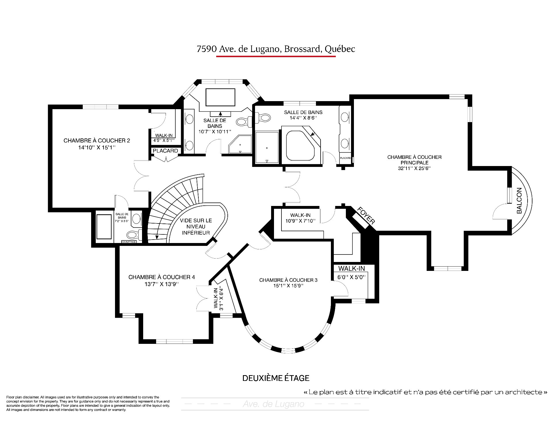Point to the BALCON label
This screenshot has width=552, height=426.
(x=519, y=201)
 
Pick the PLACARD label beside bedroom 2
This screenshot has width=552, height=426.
(x=165, y=151)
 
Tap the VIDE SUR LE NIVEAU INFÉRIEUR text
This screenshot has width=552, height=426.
(x=196, y=227)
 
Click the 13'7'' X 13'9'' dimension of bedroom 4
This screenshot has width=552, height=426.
(x=162, y=284)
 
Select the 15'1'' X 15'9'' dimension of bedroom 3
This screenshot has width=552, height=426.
(x=288, y=286)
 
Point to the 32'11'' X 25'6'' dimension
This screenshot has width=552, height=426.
(x=414, y=168)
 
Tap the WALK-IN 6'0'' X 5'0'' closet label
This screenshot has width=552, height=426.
(x=351, y=273)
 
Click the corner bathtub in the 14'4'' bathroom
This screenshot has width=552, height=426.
(x=302, y=145)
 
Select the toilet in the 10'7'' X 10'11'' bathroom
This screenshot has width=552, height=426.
(x=244, y=122)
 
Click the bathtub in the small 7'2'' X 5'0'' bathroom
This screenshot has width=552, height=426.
(x=104, y=226)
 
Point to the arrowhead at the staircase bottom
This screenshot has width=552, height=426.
(x=157, y=237)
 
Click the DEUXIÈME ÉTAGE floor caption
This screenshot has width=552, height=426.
(x=276, y=378)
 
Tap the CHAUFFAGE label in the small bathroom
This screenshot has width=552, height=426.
(x=129, y=242)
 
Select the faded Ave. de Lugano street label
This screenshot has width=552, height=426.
(x=273, y=404)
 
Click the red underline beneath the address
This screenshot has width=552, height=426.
(x=276, y=57)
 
